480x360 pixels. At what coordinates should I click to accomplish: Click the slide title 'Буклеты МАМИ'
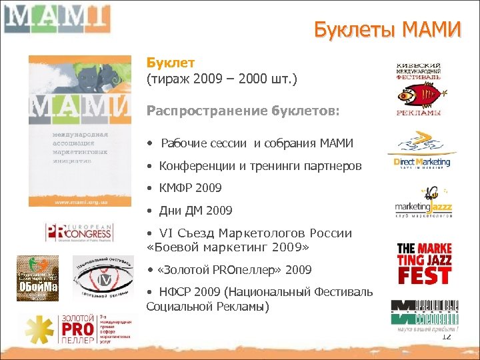coord(387,31)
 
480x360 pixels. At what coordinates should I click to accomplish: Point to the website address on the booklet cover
coord(79,199)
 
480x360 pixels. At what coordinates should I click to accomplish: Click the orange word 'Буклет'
coord(171,63)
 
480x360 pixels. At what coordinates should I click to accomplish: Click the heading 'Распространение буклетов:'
coord(243,111)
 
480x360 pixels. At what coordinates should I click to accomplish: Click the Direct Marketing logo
coord(420,153)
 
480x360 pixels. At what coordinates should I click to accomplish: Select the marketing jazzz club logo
coord(424,203)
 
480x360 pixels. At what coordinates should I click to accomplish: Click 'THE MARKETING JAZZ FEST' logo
coord(424,263)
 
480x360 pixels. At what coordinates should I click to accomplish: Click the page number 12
coord(446,337)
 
